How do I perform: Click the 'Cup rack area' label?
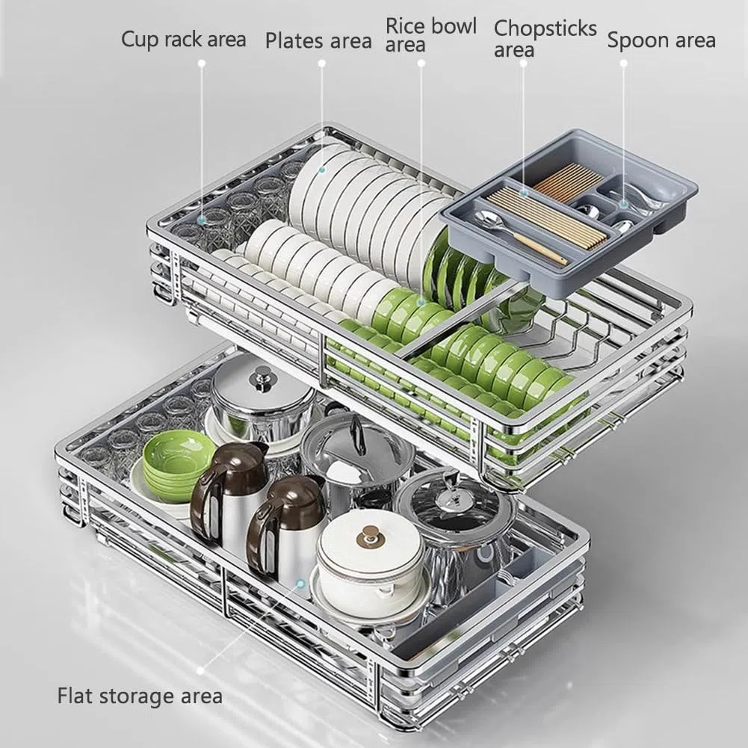[x=184, y=40]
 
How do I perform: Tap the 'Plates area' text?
[x=318, y=41]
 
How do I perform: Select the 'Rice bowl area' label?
[x=430, y=35]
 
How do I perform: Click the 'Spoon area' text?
[x=661, y=40]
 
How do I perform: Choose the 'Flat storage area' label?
[x=140, y=696]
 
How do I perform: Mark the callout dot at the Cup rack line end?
[x=201, y=220]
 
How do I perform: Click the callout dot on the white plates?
[x=322, y=170]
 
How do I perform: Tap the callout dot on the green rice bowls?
[x=421, y=302]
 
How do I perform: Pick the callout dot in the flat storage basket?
[x=300, y=583]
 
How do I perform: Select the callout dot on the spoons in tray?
[x=623, y=204]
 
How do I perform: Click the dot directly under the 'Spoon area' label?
[x=623, y=63]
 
